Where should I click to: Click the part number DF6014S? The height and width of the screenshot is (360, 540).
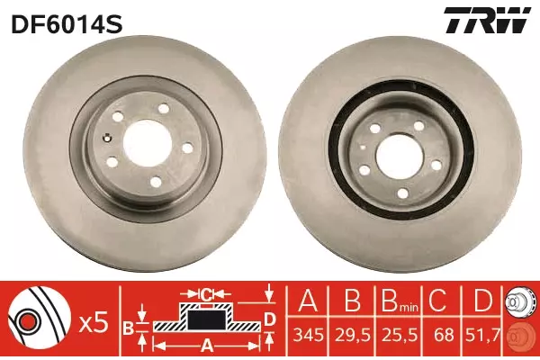point(67,23)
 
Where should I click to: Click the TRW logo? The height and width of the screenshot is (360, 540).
point(487,20)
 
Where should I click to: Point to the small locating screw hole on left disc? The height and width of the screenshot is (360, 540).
point(107,138)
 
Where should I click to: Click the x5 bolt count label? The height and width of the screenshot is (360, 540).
point(94,324)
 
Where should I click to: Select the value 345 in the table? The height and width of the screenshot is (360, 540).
point(308,336)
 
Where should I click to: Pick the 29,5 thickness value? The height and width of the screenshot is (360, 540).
point(353,336)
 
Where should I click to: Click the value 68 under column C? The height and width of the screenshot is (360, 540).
point(444,336)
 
